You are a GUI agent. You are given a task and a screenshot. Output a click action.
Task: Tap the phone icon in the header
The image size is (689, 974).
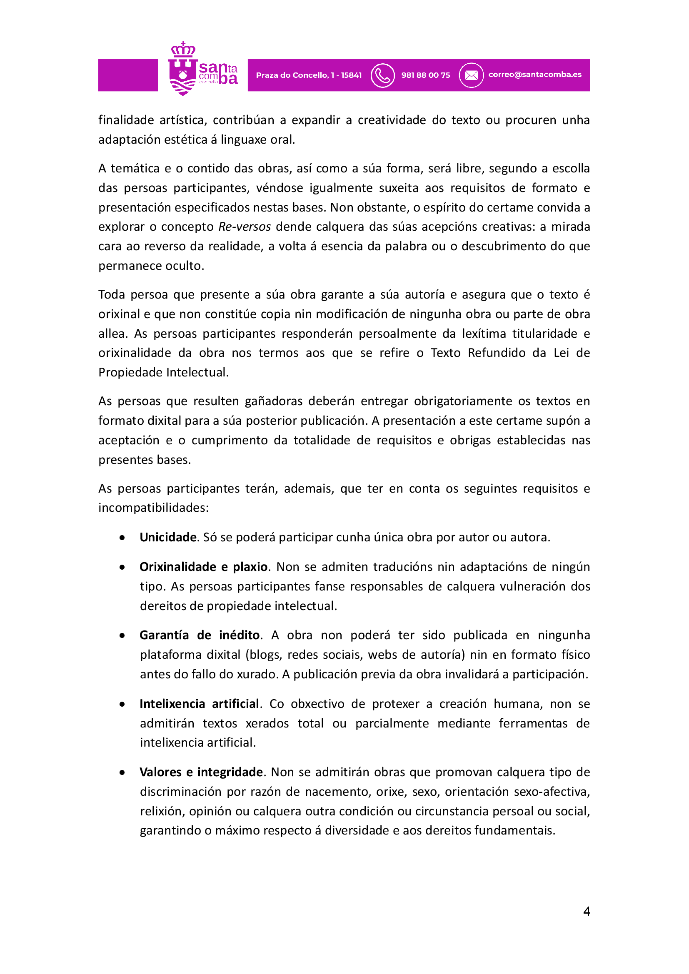click(382, 75)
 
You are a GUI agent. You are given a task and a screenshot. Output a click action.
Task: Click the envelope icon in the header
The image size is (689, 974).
click(471, 75)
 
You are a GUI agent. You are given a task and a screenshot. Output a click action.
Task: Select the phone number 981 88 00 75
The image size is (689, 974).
click(426, 75)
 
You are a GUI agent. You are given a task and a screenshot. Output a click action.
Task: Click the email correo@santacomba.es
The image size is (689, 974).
click(534, 75)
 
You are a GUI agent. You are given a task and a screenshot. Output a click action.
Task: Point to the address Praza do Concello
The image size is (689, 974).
click(309, 75)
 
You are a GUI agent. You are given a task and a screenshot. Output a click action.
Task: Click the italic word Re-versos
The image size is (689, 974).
click(245, 227)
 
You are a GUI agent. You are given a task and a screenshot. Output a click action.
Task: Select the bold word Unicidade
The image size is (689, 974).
click(168, 537)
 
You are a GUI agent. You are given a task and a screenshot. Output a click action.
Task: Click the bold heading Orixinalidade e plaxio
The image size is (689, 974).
click(203, 567)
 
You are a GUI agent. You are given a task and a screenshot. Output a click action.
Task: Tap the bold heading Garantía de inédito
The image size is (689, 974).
click(200, 635)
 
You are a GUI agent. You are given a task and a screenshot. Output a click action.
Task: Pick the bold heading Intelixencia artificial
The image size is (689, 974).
click(199, 704)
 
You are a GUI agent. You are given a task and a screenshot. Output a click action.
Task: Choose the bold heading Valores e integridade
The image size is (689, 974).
click(201, 772)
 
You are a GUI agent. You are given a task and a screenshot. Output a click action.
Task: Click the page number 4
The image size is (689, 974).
click(587, 911)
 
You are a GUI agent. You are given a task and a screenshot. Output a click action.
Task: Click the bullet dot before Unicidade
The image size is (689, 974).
click(122, 538)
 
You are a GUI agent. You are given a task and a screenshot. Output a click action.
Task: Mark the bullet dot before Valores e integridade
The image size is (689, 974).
click(122, 773)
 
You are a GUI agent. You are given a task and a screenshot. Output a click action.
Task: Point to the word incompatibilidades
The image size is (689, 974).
click(153, 508)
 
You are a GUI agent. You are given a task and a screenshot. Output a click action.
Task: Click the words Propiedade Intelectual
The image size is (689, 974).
click(163, 372)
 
